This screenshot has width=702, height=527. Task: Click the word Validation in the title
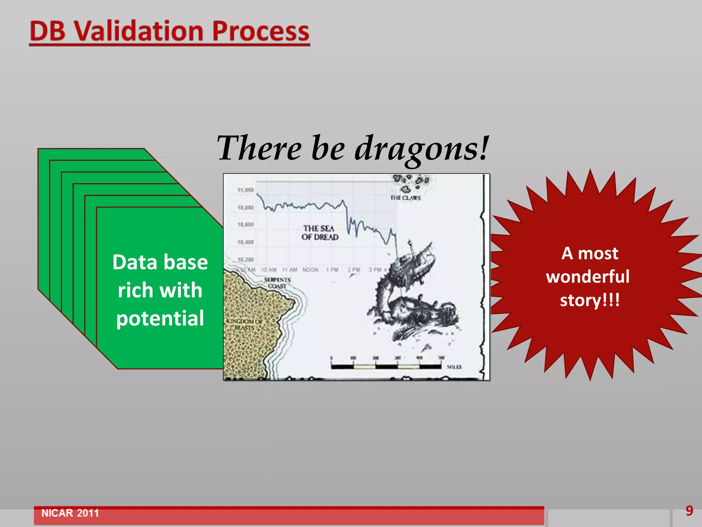[139, 32]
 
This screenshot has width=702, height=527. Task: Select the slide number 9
[689, 511]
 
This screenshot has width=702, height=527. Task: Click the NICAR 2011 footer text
[70, 513]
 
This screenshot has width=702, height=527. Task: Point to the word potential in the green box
[160, 318]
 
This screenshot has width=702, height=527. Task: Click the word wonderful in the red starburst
[588, 277]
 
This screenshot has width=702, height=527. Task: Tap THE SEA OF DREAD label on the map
[319, 233]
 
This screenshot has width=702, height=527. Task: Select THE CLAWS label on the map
[405, 198]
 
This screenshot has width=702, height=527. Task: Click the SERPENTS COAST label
[277, 283]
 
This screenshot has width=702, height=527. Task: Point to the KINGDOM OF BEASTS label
[244, 325]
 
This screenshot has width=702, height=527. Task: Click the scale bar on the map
[386, 366]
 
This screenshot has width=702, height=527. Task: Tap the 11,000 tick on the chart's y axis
[245, 190]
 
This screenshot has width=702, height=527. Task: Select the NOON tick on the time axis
[310, 270]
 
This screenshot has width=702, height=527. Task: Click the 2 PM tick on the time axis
[354, 270]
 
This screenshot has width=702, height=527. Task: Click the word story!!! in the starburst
[590, 301]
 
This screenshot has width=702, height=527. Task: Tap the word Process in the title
[261, 32]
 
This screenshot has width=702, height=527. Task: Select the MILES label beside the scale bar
[454, 367]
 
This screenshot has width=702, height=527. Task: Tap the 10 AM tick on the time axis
[269, 270]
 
